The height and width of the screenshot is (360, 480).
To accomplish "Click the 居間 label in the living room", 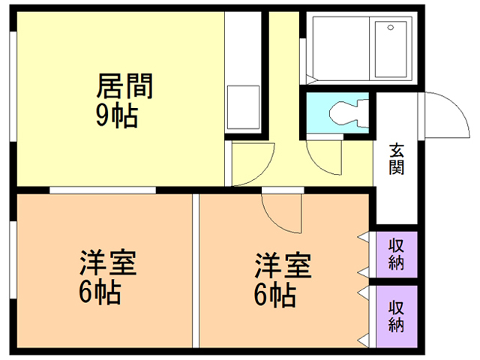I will point(124,87).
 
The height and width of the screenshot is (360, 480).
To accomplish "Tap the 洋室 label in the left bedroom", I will point(109,265).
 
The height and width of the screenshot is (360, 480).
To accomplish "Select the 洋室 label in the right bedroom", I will point(283,267).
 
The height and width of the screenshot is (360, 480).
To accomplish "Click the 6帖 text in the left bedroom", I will point(100,293).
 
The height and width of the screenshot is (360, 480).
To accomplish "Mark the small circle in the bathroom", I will point(390,28).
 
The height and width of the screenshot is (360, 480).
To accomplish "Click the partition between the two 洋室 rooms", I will point(195,270).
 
